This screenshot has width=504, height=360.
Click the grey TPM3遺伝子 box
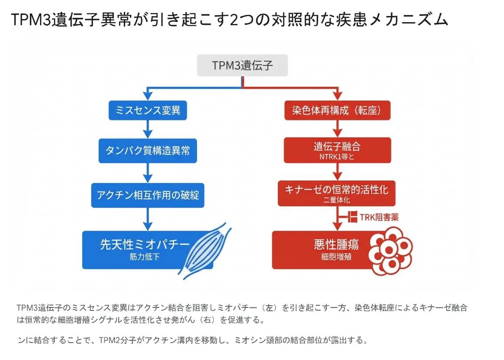tap(242, 65)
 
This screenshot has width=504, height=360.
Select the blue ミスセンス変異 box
tap(148, 110)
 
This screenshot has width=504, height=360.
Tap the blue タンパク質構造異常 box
tap(148, 150)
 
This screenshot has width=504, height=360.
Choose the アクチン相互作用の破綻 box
tap(148, 195)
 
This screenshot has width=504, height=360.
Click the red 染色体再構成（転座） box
tap(337, 110)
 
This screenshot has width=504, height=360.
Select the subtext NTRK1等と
tap(337, 157)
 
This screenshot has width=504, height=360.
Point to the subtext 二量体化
tap(337, 200)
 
